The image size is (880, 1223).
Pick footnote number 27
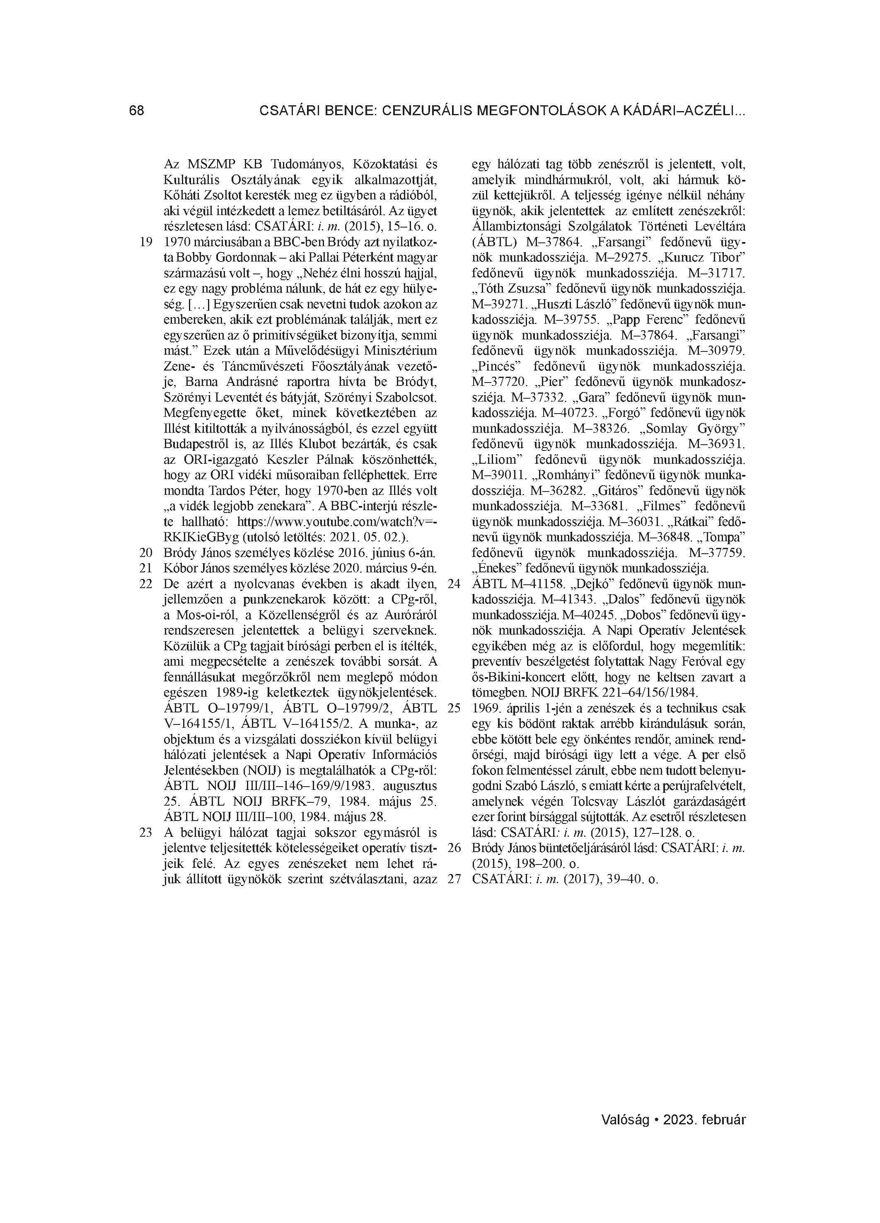coord(455,879)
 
